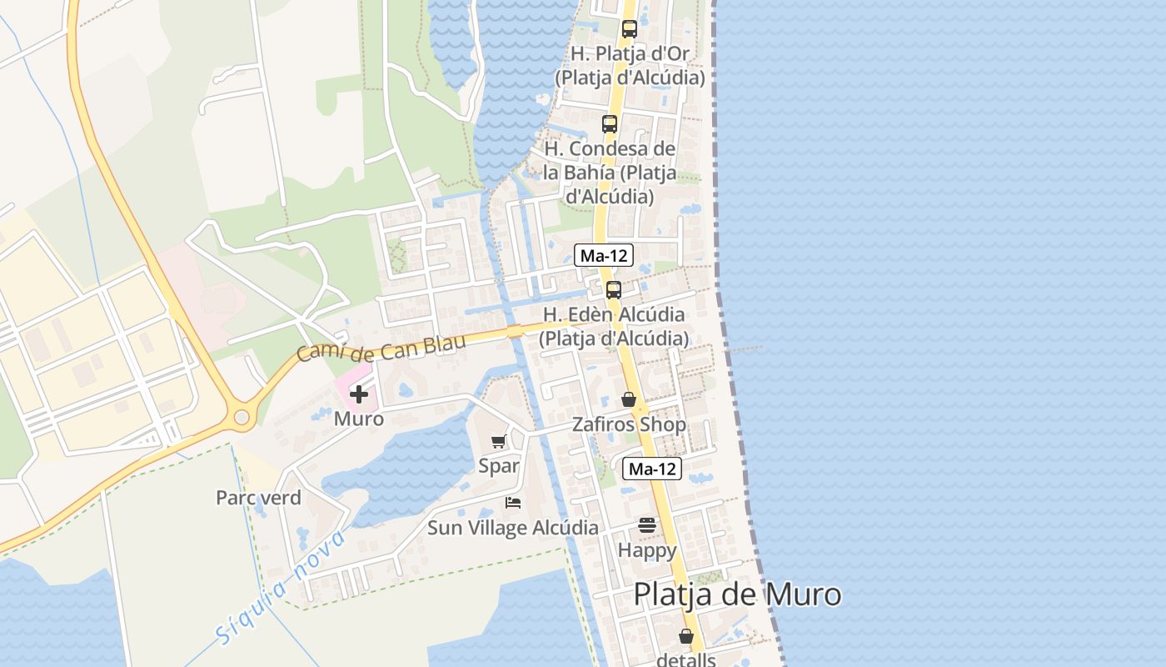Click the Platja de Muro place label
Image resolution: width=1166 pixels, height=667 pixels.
(x=737, y=595)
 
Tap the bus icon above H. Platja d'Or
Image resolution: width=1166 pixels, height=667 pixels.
(x=630, y=29)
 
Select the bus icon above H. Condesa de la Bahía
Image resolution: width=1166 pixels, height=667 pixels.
(x=610, y=124)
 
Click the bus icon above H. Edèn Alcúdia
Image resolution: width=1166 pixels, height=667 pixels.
(x=614, y=290)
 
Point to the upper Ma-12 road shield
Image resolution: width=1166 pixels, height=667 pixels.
(x=605, y=256)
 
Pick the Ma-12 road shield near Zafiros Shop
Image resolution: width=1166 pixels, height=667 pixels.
(x=653, y=469)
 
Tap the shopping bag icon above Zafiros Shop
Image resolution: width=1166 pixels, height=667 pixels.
(x=629, y=400)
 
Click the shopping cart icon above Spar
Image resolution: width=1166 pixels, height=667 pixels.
(x=498, y=442)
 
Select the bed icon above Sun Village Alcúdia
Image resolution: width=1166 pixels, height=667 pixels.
(x=513, y=503)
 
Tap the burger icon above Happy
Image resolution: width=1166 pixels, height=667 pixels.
(x=647, y=525)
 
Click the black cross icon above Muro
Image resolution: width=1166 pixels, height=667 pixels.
(x=359, y=394)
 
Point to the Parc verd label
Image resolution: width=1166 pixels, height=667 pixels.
(x=258, y=498)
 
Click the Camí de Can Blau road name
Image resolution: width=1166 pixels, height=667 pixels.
(x=381, y=344)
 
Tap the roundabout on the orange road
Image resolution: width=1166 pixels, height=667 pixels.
(x=242, y=418)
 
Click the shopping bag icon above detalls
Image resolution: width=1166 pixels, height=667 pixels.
(x=686, y=636)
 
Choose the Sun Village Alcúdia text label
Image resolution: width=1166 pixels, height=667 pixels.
(x=512, y=528)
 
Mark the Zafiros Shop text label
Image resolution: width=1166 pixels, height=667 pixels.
(x=629, y=424)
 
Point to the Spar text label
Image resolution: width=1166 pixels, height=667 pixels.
(x=499, y=466)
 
